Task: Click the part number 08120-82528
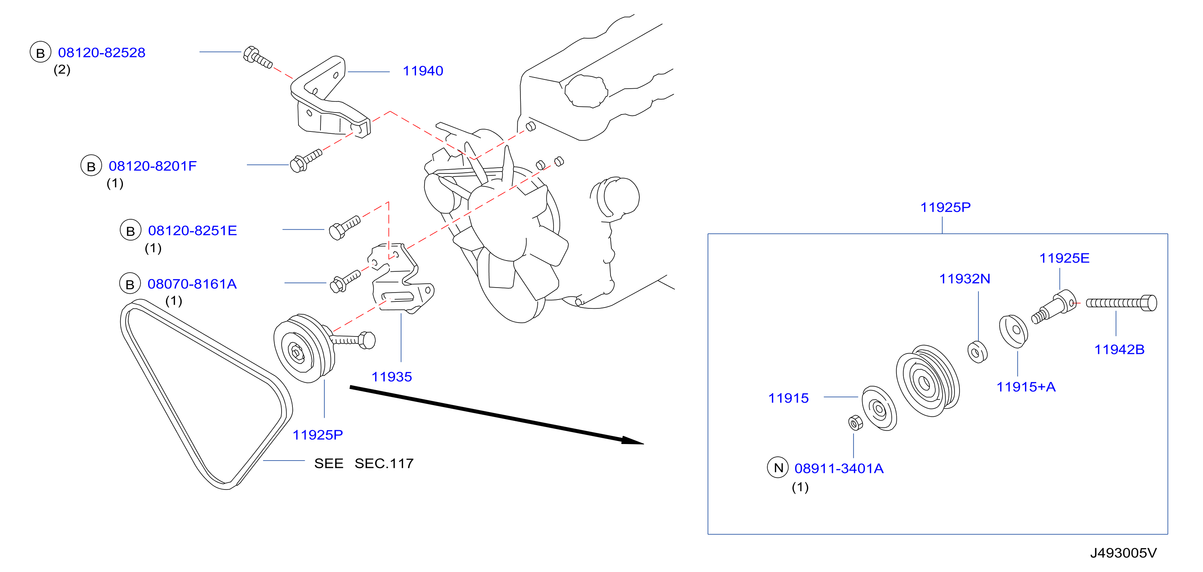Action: [x=101, y=52]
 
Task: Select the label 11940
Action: [x=423, y=71]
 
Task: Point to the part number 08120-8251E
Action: [x=192, y=230]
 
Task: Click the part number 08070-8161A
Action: [x=192, y=284]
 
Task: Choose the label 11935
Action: [x=391, y=377]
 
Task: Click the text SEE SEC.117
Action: [x=364, y=463]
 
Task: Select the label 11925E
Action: [x=1064, y=258]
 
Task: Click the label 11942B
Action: [x=1119, y=349]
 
